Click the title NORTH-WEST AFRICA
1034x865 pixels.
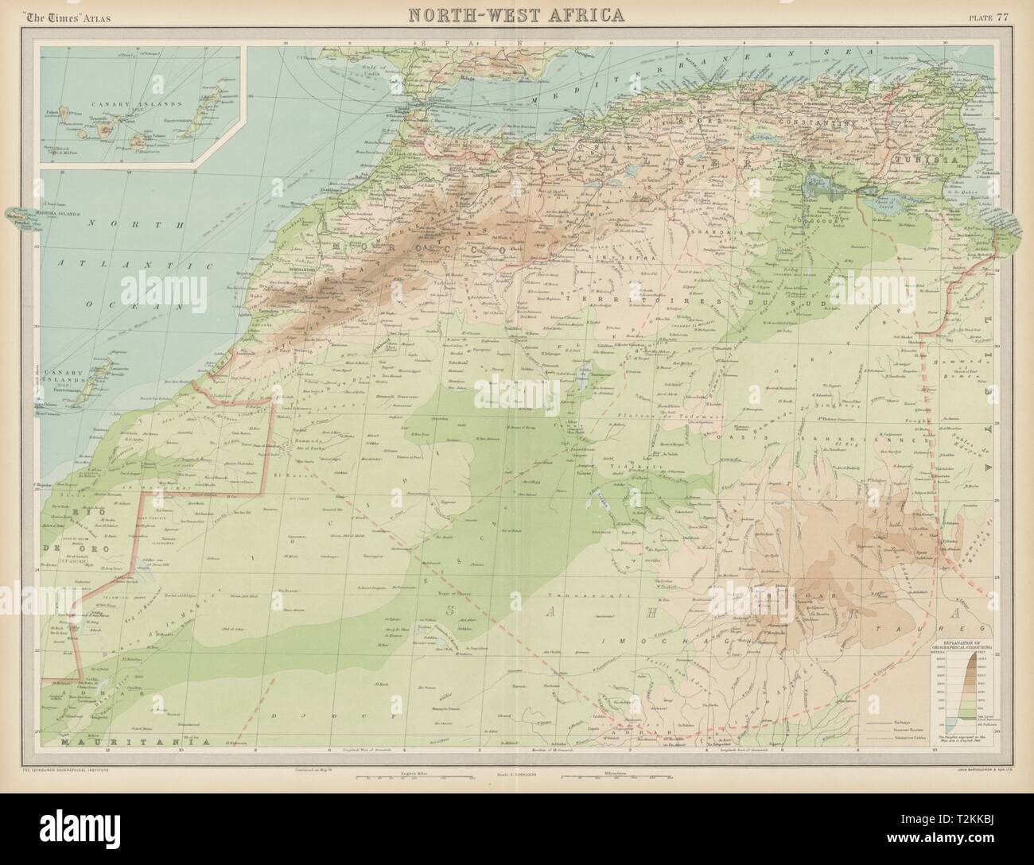(516, 14)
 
